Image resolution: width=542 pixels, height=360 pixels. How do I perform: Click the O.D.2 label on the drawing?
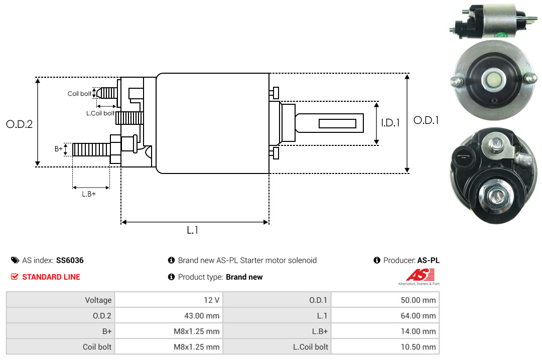point(20,124)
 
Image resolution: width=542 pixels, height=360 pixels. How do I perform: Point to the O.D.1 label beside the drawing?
point(426,120)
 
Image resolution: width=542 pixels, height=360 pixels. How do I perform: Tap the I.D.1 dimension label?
point(390,123)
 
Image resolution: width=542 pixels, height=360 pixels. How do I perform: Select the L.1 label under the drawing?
point(193,230)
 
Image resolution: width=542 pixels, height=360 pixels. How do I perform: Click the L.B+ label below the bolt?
point(89,194)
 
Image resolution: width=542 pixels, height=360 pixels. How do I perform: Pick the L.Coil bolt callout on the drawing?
point(100,113)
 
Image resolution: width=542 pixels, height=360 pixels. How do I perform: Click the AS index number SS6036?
point(70,260)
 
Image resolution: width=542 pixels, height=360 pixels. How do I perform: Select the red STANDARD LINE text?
point(51,277)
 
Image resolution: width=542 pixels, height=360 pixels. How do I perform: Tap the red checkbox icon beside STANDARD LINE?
point(15,277)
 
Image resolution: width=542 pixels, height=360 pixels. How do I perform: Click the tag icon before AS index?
point(15,260)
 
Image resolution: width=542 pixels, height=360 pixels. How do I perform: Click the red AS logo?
point(420,275)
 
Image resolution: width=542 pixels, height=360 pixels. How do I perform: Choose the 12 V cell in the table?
point(169,300)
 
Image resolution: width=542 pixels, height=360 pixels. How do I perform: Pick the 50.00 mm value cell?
point(385,300)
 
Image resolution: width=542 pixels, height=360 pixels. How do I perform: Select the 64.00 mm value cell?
point(385,315)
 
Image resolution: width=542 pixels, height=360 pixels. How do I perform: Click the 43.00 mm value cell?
point(169,315)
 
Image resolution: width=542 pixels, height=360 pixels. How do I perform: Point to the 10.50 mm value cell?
point(385,346)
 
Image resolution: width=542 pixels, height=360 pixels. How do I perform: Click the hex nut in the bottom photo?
point(496,195)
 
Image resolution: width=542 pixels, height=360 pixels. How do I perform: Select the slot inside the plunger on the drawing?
point(337,123)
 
